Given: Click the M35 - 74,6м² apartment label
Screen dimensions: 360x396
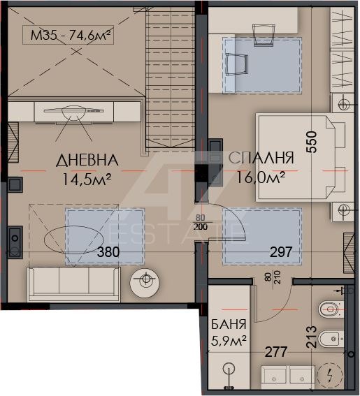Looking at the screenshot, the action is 71,35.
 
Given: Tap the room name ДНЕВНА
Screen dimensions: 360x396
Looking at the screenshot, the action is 87,160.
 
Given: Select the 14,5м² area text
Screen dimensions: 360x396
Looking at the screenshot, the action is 87,179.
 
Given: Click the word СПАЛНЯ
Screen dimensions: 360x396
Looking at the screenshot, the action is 261,158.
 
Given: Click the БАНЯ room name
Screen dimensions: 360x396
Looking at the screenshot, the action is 229,324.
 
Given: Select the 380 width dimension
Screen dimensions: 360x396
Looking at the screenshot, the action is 108,252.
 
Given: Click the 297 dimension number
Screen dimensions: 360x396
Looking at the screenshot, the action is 281,252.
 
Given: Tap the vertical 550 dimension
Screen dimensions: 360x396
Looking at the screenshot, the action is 312,142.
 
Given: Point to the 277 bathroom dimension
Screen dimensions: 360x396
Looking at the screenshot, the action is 276,352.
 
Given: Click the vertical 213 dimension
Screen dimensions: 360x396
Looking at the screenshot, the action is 312,337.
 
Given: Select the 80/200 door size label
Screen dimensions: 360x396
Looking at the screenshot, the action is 201,222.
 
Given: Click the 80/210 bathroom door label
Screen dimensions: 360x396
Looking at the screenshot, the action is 274,277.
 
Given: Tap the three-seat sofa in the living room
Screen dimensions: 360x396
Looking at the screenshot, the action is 73,284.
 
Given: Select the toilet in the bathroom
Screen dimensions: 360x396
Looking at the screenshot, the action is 331,309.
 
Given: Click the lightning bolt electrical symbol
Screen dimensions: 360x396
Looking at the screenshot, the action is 330,376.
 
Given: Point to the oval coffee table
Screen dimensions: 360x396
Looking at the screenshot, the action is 74,240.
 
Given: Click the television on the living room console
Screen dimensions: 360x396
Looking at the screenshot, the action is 73,110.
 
